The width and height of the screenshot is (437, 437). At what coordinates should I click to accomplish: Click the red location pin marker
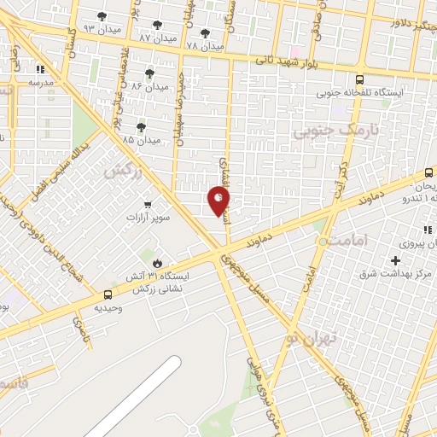pyautogui.click(x=218, y=201)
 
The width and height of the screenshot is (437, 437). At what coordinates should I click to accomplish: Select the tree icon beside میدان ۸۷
pyautogui.click(x=156, y=25)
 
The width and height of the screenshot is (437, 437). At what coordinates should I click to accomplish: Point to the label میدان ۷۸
pyautogui.click(x=205, y=44)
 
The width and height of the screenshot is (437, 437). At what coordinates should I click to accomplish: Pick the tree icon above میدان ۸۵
pyautogui.click(x=141, y=126)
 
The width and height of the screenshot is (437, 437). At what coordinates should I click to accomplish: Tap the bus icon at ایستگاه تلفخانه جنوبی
pyautogui.click(x=359, y=76)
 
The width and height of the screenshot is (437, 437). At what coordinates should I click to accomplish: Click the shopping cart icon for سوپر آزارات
pyautogui.click(x=149, y=205)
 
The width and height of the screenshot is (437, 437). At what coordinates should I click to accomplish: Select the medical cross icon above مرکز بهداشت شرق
pyautogui.click(x=395, y=259)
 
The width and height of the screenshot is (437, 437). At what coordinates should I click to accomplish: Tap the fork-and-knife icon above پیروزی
pyautogui.click(x=427, y=230)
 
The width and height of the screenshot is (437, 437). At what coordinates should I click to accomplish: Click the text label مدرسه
pyautogui.click(x=41, y=83)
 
